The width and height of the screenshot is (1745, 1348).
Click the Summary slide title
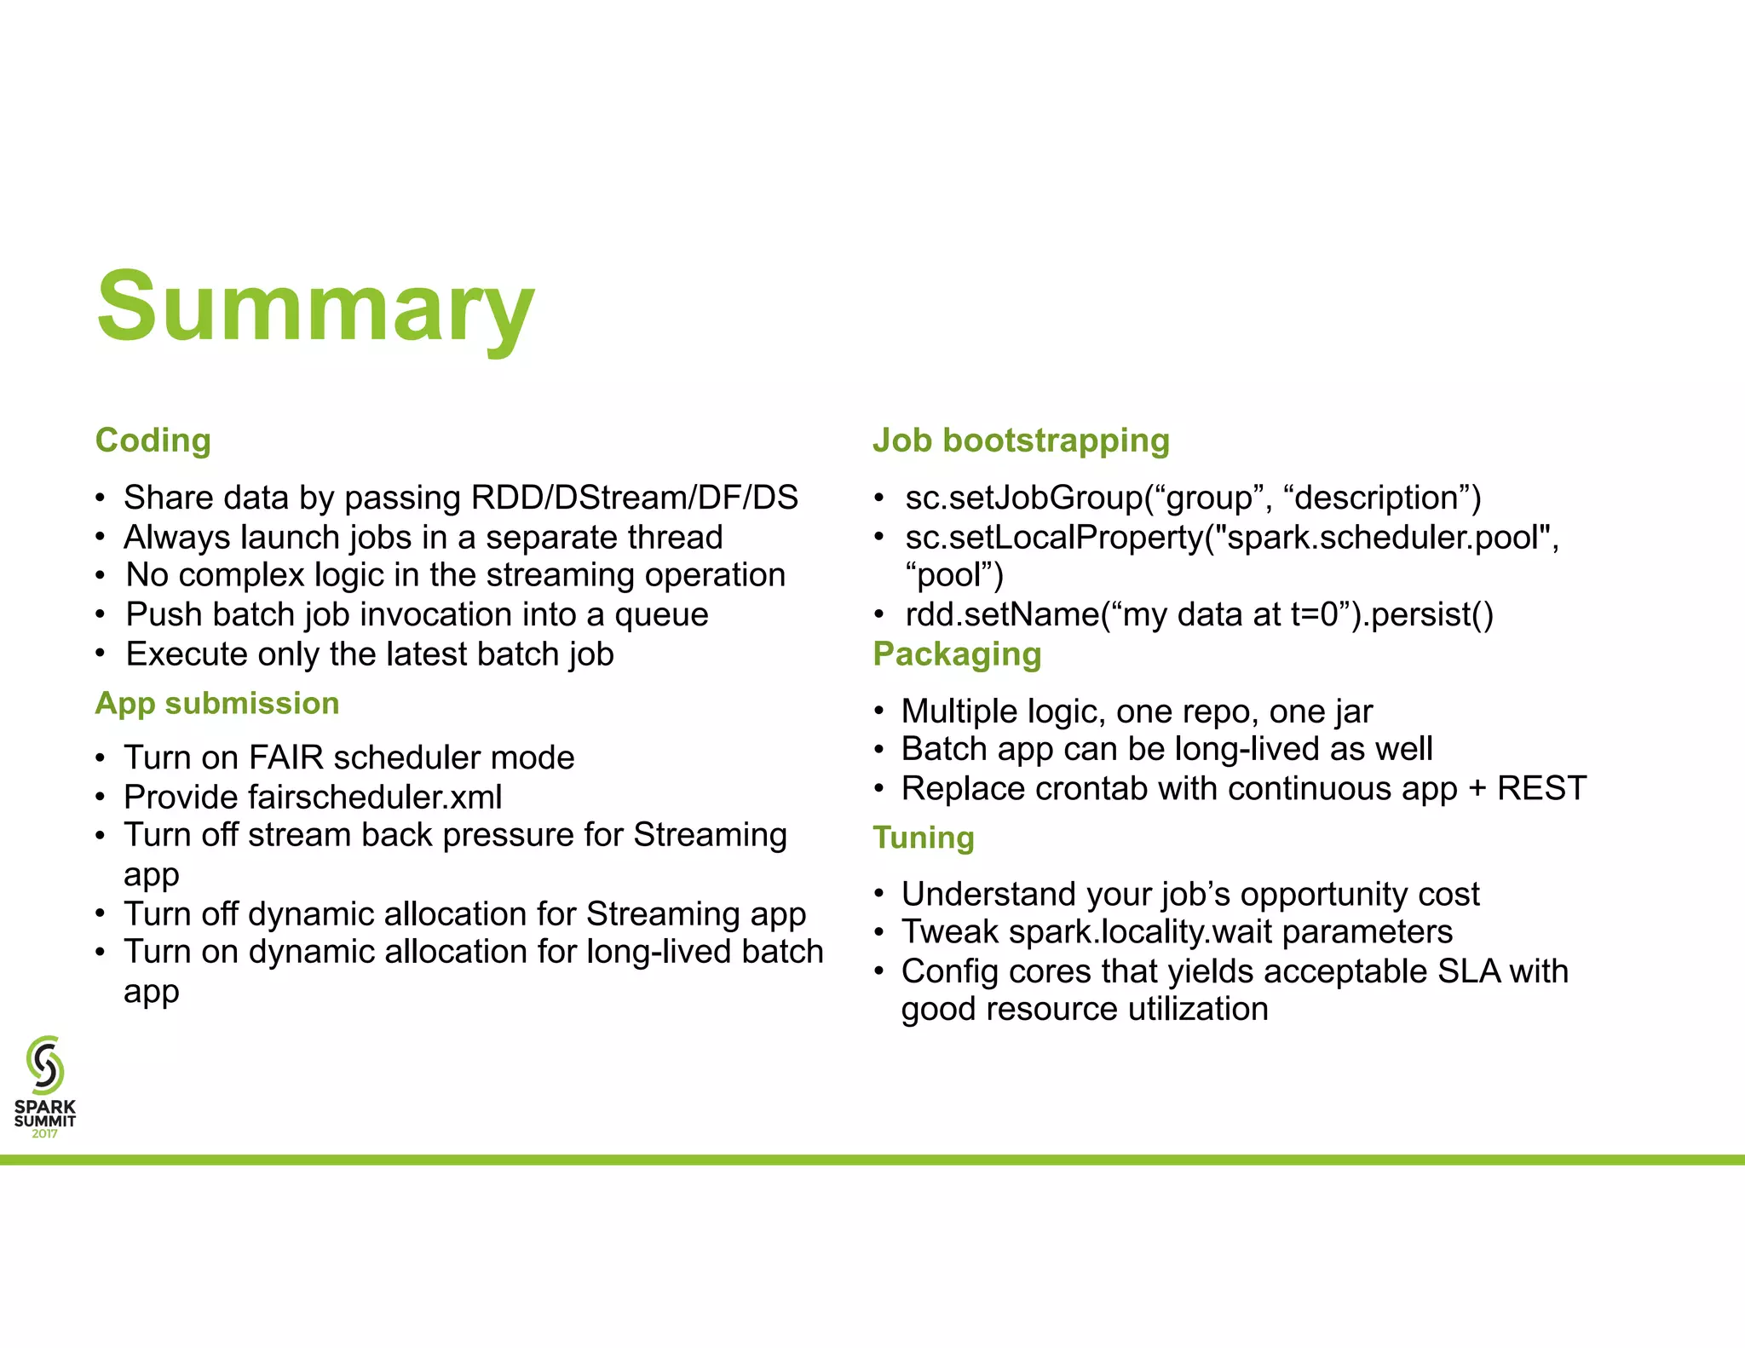[x=315, y=307]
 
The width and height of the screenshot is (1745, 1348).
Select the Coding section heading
[x=153, y=441]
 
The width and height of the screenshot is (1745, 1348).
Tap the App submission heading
[x=217, y=704]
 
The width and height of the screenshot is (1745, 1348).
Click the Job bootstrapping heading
[x=1021, y=441]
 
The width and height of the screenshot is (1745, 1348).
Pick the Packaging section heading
[x=957, y=654]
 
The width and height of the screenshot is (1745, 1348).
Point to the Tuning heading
[x=923, y=838]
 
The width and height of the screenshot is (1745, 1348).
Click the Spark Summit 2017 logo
[x=45, y=1086]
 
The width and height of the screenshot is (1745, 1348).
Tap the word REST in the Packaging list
[x=1542, y=789]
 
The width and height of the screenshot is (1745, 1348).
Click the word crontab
[x=1091, y=789]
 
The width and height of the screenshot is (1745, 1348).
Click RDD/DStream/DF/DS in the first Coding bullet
[x=634, y=498]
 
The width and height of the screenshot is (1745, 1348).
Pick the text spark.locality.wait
[x=1142, y=932]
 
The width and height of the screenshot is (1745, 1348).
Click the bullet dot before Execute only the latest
[x=101, y=654]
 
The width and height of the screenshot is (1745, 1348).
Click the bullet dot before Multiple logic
[x=878, y=711]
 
